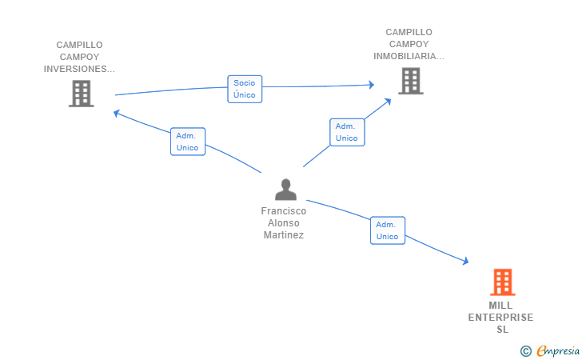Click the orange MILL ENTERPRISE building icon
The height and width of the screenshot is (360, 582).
(502, 282)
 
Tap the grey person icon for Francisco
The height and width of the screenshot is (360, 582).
(285, 190)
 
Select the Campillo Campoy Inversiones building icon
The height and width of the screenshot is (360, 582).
(81, 94)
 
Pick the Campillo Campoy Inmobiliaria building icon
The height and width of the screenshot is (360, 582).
(410, 81)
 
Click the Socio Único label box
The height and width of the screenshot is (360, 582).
(245, 89)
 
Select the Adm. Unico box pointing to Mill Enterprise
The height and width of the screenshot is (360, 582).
(387, 230)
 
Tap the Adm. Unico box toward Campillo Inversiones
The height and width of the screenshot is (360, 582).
(188, 142)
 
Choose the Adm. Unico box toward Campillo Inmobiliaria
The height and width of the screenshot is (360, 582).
(347, 132)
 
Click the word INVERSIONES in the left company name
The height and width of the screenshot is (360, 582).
(79, 69)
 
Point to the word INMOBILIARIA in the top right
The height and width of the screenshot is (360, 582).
(409, 56)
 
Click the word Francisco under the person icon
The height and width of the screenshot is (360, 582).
(284, 211)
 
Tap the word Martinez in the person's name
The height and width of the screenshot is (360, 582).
(284, 235)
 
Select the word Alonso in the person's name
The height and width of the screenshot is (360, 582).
(284, 223)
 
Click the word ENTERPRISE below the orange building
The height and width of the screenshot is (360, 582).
(500, 318)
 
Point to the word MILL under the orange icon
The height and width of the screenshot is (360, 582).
(500, 306)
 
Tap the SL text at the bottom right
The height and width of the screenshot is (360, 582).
(501, 330)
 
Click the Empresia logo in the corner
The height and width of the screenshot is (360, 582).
(558, 350)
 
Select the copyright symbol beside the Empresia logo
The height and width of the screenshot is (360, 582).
(525, 350)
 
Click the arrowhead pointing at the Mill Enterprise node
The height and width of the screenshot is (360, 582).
(465, 261)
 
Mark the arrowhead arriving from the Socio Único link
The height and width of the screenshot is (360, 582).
(371, 84)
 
